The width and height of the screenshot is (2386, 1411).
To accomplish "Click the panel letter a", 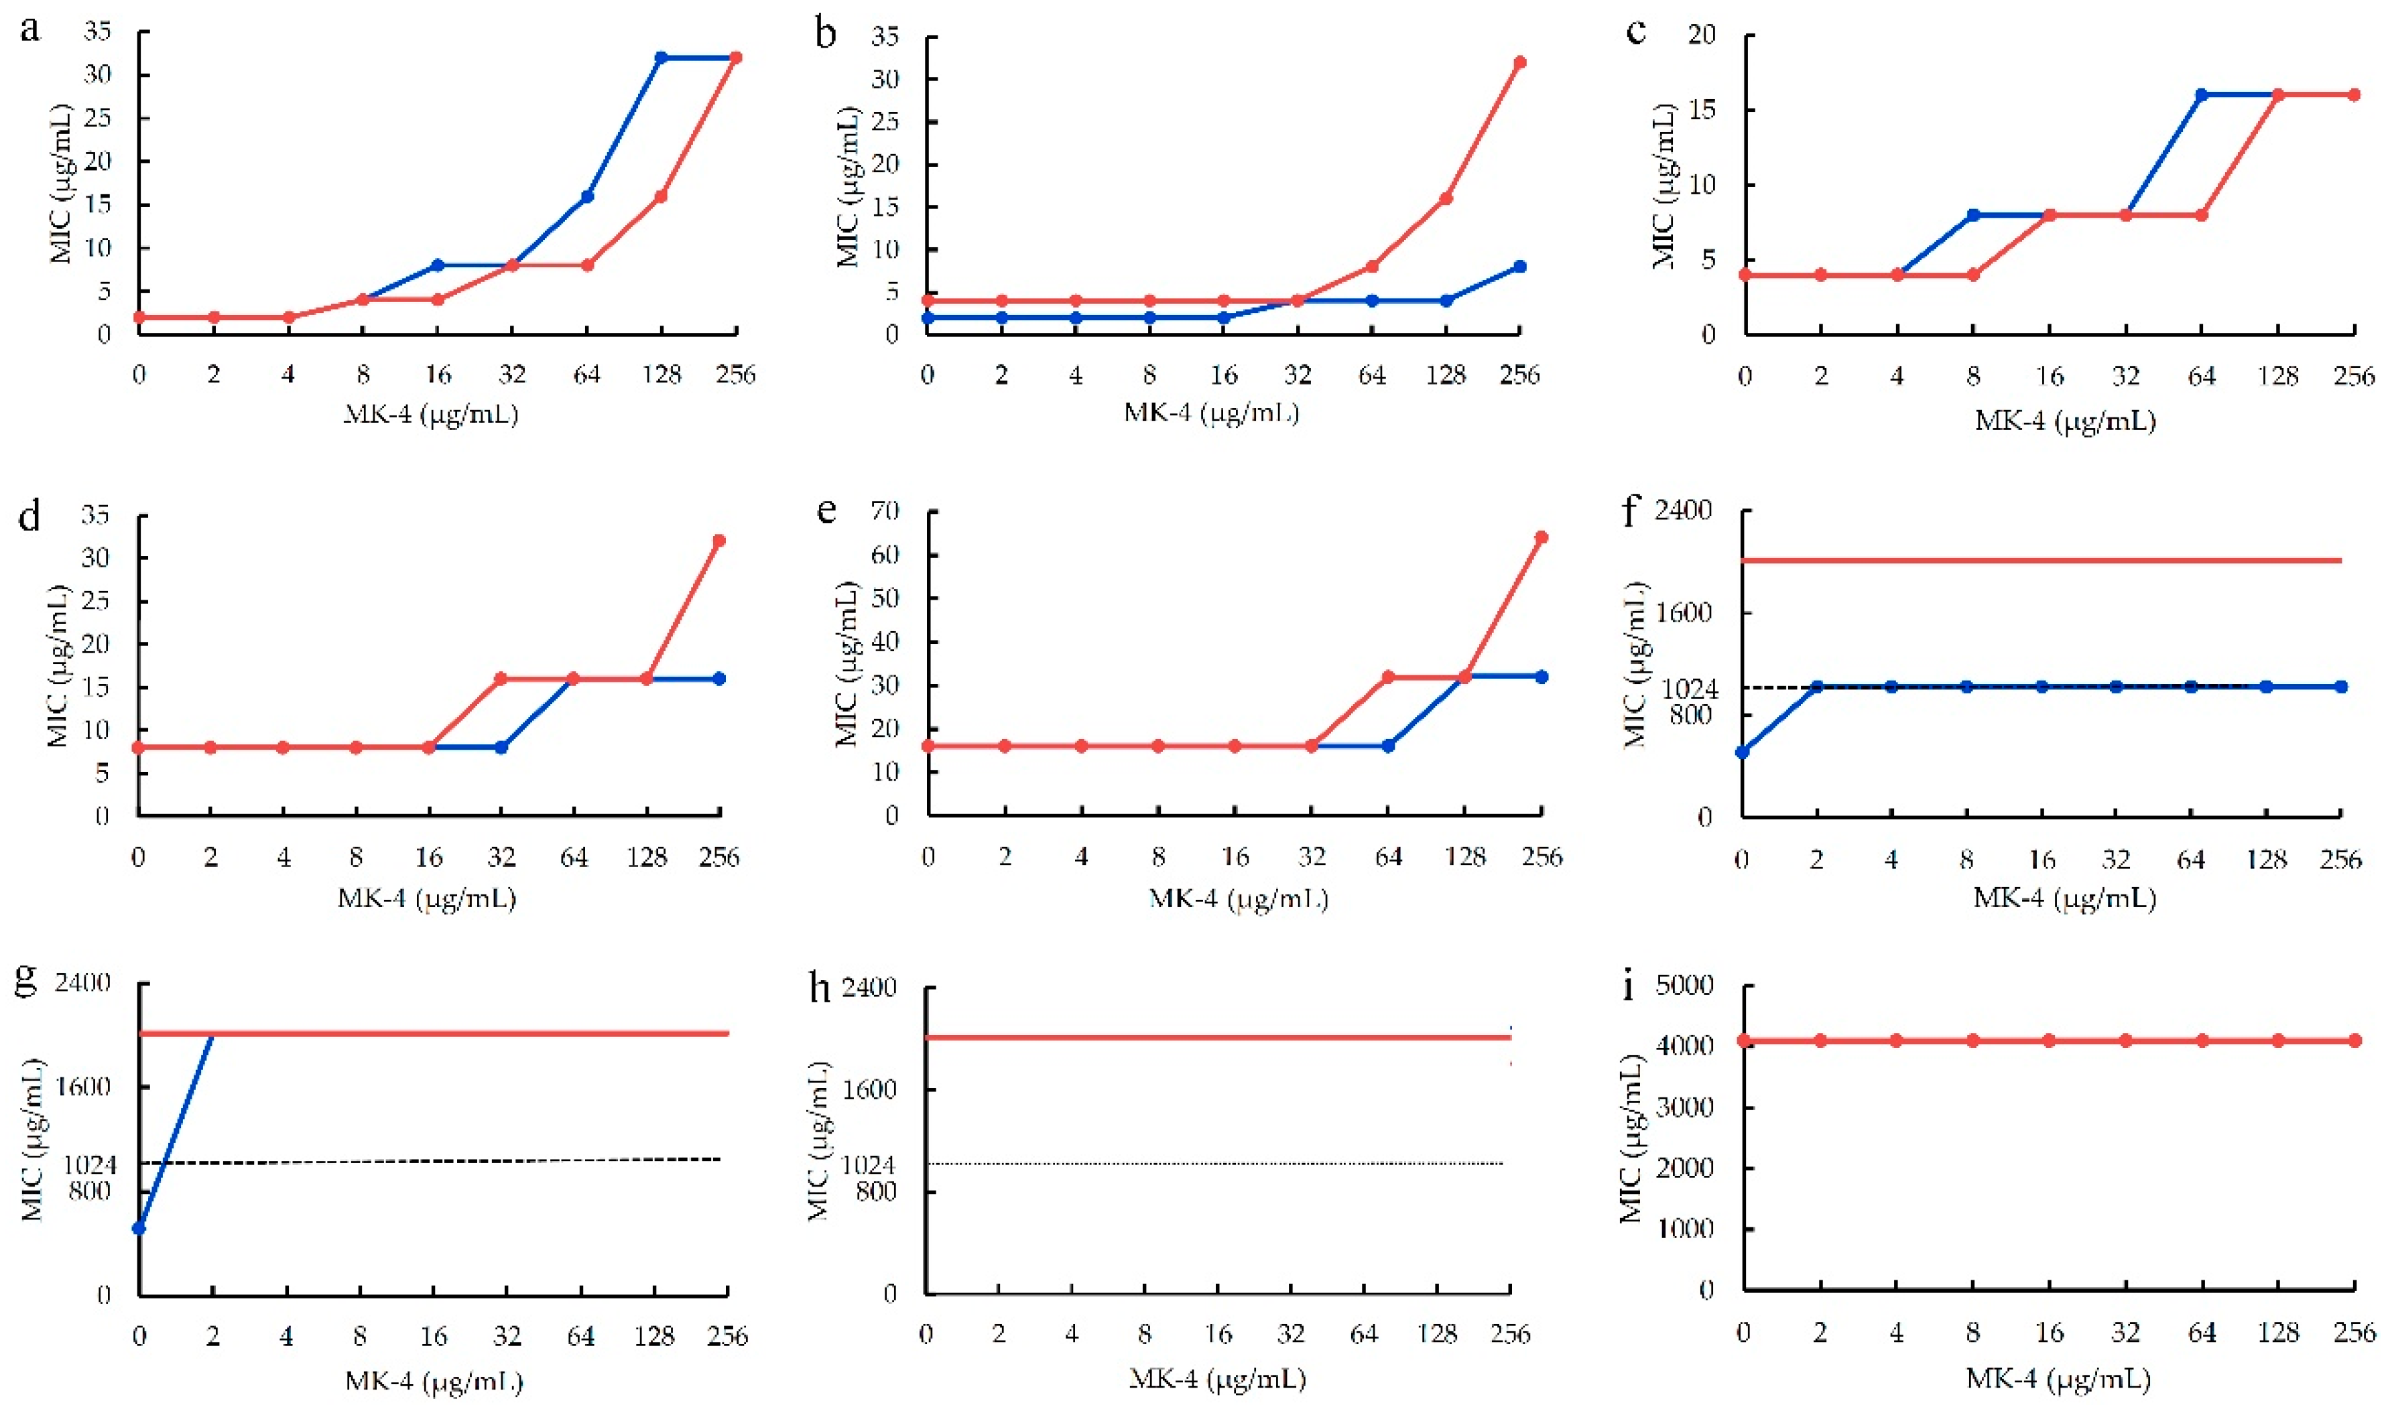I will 30,30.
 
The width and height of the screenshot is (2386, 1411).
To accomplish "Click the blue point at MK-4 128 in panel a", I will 661,58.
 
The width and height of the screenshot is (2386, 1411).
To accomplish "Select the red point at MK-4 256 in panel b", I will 1519,63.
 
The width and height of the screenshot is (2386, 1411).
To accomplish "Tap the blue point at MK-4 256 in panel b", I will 1519,267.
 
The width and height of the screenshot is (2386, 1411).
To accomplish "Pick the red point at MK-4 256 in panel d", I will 719,541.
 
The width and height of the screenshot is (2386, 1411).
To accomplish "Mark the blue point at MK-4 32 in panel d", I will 501,747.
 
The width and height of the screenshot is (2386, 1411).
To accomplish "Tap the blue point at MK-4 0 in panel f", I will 1742,752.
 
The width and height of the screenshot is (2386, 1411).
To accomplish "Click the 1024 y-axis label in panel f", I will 1690,687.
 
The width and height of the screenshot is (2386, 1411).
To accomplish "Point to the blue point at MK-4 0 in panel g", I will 139,1229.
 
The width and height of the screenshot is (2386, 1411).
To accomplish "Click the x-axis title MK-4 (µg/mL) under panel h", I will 1216,1378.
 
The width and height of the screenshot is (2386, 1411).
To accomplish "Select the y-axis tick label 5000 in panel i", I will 1684,985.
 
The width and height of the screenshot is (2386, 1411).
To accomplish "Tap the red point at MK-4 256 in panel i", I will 2354,1041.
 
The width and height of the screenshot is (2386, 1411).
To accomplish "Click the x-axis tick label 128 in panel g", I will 654,1337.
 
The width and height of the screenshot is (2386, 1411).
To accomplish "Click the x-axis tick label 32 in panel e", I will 1312,858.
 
